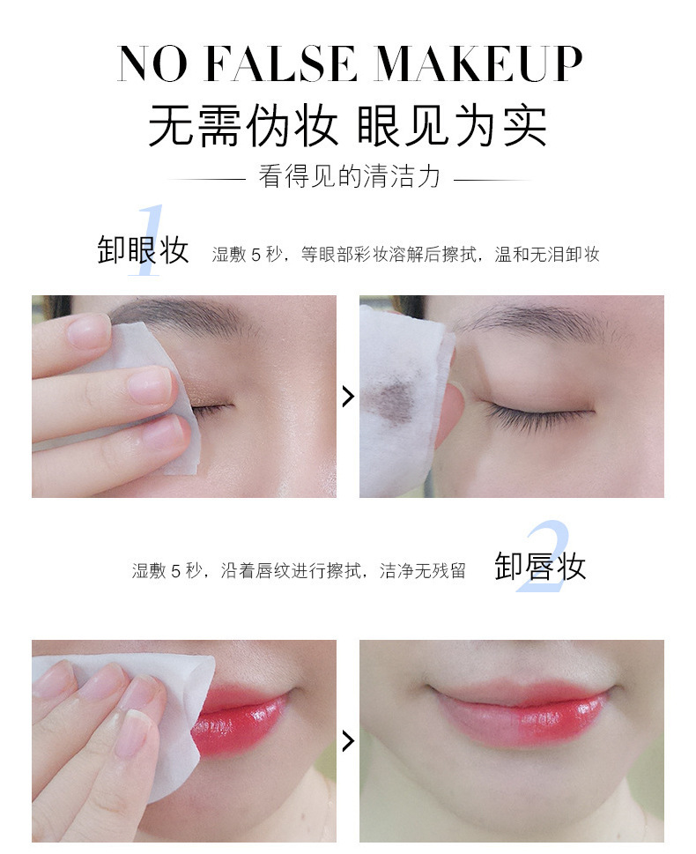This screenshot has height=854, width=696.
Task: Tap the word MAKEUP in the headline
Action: [478, 65]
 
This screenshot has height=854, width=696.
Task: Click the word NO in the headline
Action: [152, 65]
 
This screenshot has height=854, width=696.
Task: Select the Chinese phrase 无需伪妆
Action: [243, 125]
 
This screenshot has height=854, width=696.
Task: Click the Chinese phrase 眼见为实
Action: [452, 125]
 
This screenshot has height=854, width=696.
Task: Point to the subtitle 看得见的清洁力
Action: [349, 177]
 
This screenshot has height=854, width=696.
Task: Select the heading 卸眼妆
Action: [143, 250]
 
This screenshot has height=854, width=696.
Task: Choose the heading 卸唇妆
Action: [540, 566]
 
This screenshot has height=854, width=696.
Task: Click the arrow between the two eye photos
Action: [348, 397]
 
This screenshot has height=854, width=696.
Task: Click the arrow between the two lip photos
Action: [348, 740]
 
